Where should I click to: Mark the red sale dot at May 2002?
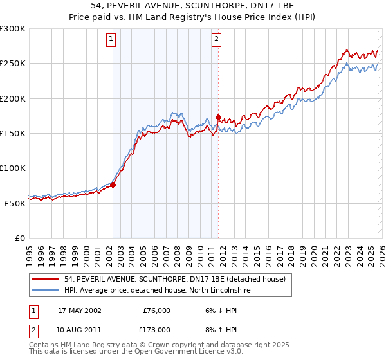click(113, 185)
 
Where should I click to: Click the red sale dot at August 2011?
click(218, 118)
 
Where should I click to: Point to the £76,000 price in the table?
click(156, 310)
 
